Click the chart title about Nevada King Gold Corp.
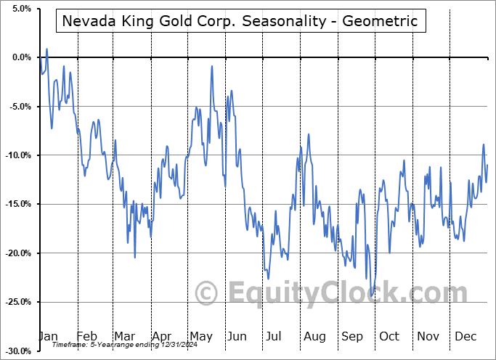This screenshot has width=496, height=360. point(240,21)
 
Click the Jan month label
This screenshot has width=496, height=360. point(48,336)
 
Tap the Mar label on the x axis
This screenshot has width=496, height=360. point(124,336)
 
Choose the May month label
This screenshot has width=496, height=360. point(201,336)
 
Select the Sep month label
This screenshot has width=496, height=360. point(353,336)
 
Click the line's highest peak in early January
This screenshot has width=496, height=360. point(47,49)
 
